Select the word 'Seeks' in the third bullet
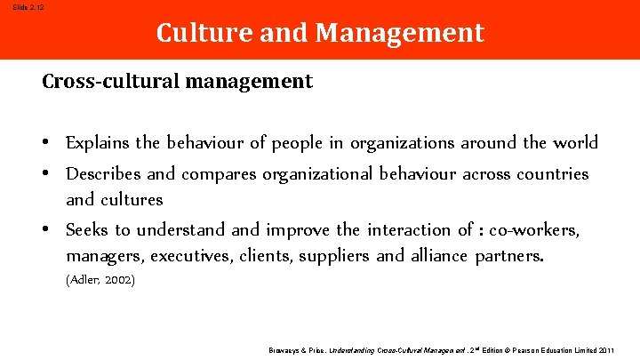(x=87, y=229)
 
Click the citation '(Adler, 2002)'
(x=100, y=280)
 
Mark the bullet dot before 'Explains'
(x=45, y=144)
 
